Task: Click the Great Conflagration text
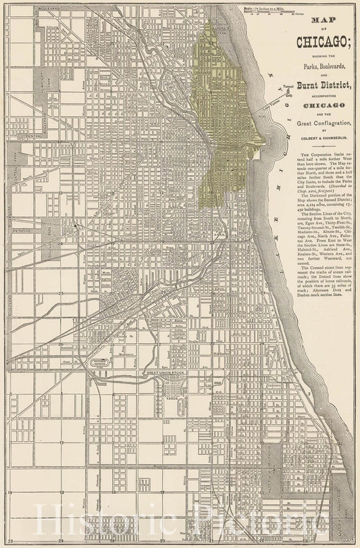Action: click(x=319, y=122)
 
